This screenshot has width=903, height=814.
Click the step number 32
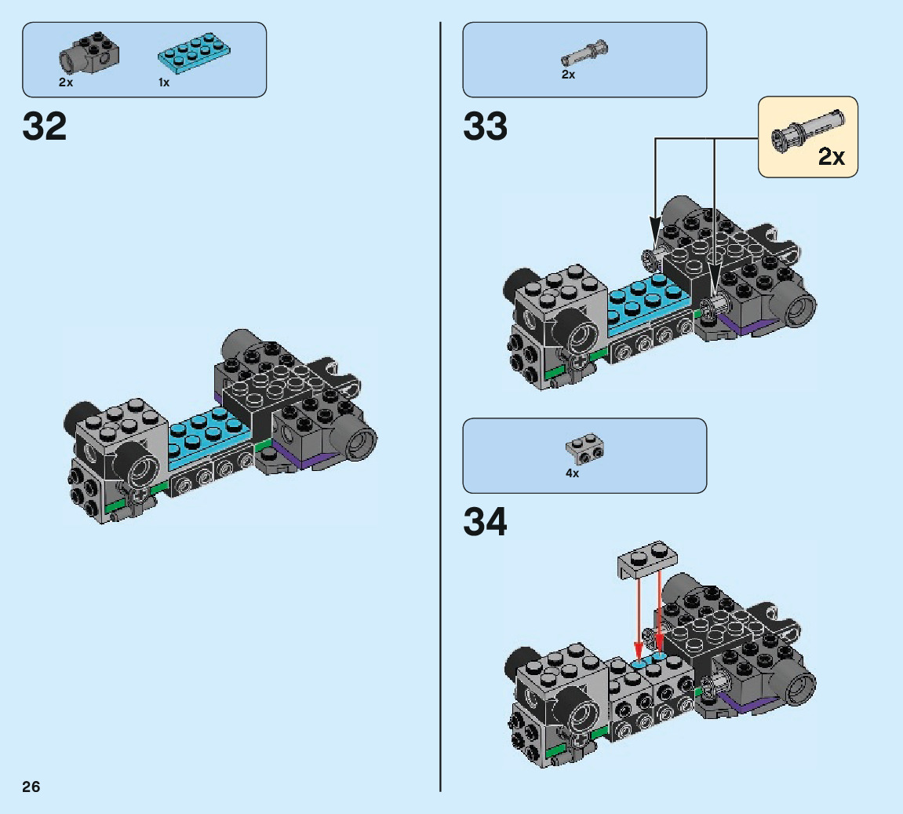45,126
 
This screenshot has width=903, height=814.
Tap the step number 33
485,126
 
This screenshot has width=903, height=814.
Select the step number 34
485,522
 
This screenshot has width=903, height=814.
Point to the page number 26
31,787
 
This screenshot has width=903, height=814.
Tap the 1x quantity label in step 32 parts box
164,82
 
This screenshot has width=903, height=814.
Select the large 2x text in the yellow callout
832,157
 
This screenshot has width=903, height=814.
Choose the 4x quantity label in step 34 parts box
572,473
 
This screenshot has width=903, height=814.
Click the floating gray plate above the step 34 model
650,557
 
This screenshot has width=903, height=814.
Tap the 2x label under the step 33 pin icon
568,75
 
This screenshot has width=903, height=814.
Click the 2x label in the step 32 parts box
65,82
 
